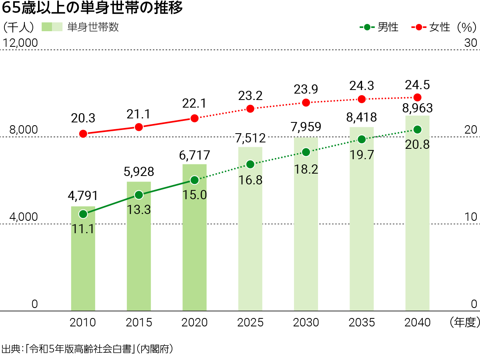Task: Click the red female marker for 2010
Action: coord(83,134)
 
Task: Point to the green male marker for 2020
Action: coord(194,180)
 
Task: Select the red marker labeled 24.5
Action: coord(417,97)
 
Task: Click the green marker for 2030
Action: coord(306,152)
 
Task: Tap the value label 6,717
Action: coord(195,155)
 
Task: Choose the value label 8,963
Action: coord(417,108)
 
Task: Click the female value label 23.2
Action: coord(250,96)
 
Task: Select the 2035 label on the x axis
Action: coord(362,322)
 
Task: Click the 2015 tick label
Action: coord(139,322)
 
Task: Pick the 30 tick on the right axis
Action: coord(470,43)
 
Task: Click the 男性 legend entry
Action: coord(388,28)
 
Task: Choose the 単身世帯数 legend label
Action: coord(93,27)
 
